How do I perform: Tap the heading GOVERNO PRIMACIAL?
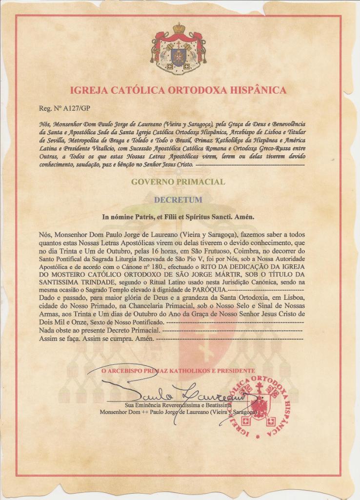[x=178, y=182]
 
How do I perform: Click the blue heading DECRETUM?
[x=178, y=199]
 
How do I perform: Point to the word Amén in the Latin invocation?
[x=246, y=216]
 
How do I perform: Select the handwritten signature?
[x=171, y=393]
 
